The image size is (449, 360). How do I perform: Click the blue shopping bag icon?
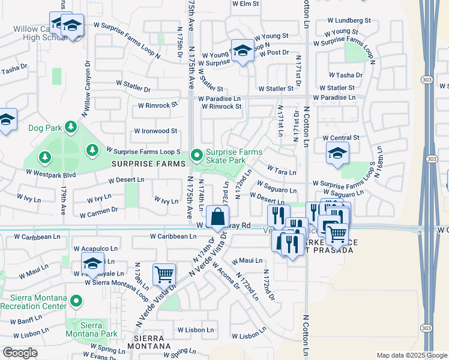click(x=217, y=217)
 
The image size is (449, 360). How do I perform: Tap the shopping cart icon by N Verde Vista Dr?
click(x=164, y=274)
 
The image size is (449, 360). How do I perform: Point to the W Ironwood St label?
click(x=155, y=130)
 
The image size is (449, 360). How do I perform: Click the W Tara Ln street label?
click(x=282, y=170)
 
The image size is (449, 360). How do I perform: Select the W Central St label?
click(x=340, y=137)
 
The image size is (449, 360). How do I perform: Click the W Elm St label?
click(x=245, y=4)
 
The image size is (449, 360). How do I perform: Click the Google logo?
click(x=20, y=353)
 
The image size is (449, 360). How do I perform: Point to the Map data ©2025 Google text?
click(x=411, y=355)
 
